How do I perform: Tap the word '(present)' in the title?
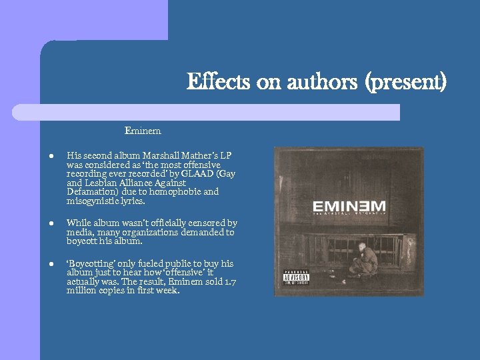click(x=414, y=83)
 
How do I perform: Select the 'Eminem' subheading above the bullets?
click(x=143, y=129)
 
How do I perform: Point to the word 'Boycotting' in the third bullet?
click(x=92, y=264)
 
